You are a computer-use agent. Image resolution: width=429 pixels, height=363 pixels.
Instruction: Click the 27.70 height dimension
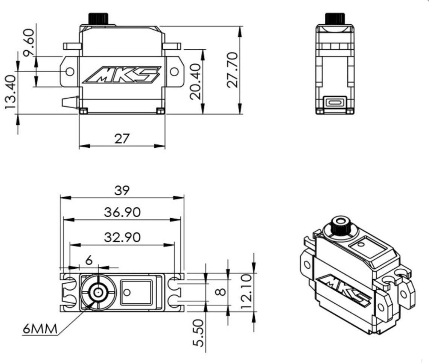tap(233, 70)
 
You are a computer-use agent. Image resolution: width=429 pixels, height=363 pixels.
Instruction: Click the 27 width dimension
tap(122, 138)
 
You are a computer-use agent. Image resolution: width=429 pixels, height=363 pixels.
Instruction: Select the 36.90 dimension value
tap(122, 212)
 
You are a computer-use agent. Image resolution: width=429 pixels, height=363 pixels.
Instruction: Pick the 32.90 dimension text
tap(122, 237)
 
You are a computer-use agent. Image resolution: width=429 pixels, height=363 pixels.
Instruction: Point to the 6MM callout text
tap(40, 329)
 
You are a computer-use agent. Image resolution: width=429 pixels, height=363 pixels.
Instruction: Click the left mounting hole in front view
tap(70, 71)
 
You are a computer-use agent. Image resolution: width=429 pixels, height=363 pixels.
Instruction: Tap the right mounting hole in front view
tap(174, 71)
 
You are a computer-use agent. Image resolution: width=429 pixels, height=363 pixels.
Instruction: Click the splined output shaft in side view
tap(335, 18)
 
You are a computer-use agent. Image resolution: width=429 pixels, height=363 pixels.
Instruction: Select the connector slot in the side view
tap(335, 102)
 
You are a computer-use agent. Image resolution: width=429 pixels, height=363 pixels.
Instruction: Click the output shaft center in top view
tap(98, 292)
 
